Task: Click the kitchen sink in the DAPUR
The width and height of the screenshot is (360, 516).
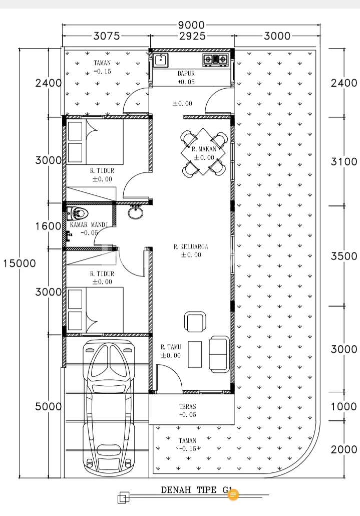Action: coord(161,60)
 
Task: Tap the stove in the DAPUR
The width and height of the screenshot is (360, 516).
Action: coord(215,59)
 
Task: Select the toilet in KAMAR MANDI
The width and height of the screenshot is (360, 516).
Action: coord(77,213)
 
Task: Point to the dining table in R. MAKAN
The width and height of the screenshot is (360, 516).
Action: coord(203,152)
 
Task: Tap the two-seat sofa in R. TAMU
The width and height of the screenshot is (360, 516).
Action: coord(219,354)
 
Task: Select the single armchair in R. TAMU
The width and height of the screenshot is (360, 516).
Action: coord(195,322)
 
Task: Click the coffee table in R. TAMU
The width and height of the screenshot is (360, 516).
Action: coord(195,354)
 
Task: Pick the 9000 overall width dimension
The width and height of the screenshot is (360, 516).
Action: coord(191,25)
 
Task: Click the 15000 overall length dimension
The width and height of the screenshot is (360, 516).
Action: coord(20,264)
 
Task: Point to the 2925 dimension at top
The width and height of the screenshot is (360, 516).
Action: coord(192,36)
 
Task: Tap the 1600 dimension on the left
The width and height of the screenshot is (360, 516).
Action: coord(49,226)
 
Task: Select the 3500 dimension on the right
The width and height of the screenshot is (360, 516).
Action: coord(344,256)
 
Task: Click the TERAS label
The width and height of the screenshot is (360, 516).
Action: coord(187,406)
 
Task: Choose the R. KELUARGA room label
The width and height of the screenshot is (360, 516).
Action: coord(191,246)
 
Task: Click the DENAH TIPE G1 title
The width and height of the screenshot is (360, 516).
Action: coord(197,490)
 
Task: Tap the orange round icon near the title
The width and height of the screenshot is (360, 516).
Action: coord(233,494)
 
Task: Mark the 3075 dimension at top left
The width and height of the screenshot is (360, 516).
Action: coord(107,36)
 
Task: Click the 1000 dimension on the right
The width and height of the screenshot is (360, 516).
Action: coord(344,406)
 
